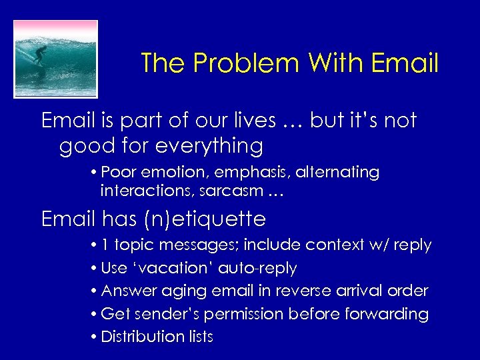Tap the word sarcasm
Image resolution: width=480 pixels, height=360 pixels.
[x=228, y=191]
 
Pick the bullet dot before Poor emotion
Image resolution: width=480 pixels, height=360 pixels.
[x=96, y=173]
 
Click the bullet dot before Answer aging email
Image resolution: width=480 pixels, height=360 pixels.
[x=96, y=291]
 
